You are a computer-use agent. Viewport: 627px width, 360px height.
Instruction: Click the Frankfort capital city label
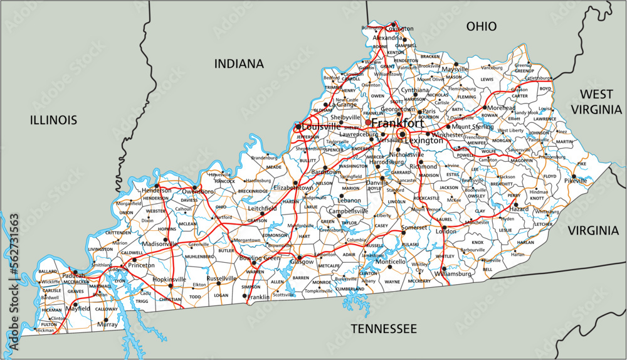pos(396,122)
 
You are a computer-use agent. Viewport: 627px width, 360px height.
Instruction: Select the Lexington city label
pos(423,140)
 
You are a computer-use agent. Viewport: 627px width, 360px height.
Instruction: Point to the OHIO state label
pos(482,26)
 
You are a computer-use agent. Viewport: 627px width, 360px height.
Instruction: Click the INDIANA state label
pos(239,63)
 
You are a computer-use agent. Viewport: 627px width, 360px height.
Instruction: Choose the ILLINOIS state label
pos(54,120)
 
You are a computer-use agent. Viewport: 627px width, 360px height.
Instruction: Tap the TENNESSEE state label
pos(383,329)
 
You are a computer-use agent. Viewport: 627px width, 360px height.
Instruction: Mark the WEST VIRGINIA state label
pos(596,102)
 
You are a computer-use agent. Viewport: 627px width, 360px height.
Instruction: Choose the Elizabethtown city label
pos(293,188)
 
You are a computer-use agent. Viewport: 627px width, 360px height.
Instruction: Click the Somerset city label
pos(414,227)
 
